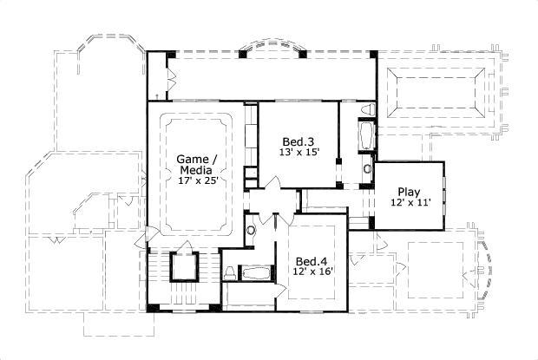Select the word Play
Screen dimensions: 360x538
409,192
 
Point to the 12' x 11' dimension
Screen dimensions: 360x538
409,202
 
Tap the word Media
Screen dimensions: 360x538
196,170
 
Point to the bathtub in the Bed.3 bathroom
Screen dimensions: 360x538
365,135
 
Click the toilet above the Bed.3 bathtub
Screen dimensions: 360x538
367,109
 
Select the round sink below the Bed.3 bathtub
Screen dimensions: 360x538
367,169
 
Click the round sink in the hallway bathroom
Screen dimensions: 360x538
251,231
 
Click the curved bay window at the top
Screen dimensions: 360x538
272,49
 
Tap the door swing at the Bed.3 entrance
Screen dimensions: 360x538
272,186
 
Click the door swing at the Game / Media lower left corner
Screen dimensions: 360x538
150,234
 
